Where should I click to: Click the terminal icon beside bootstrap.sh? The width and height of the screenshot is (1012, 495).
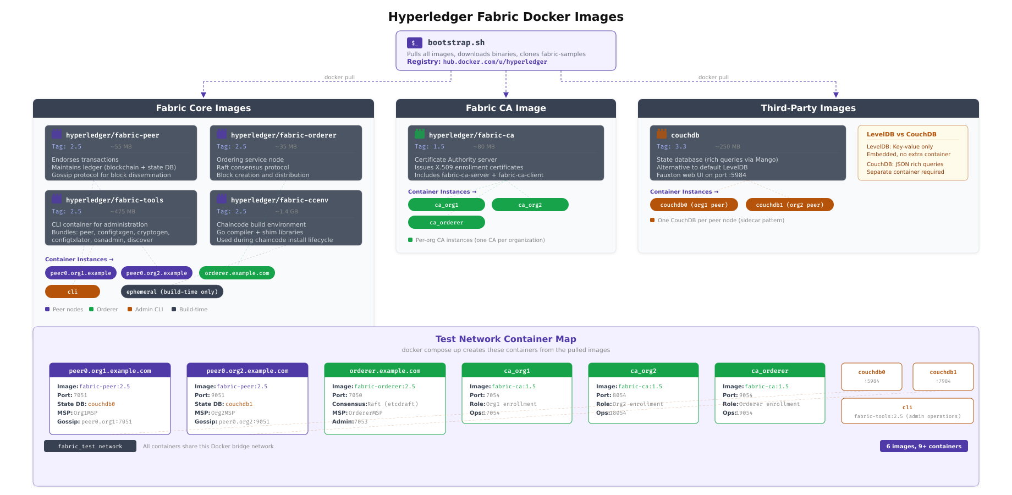tap(414, 43)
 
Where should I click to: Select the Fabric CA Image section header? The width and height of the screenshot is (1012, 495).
tap(505, 108)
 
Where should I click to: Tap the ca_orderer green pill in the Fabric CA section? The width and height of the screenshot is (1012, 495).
tap(446, 222)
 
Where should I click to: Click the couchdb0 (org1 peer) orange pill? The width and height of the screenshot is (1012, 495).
tap(694, 205)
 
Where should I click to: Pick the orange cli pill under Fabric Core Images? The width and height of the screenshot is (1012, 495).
tap(73, 292)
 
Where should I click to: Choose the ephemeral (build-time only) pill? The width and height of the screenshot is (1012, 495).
tap(172, 292)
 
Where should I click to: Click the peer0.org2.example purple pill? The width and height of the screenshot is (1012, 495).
tap(157, 273)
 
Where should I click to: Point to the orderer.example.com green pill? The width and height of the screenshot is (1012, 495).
tap(237, 273)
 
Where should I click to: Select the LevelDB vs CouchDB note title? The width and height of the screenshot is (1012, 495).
tap(901, 134)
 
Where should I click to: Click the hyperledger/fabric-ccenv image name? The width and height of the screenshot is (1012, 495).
tap(279, 200)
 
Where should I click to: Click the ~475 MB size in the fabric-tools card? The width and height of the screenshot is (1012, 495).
tap(123, 212)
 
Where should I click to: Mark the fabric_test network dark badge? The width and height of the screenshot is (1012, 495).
tap(90, 446)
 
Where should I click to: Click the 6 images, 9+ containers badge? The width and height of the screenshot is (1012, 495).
tap(923, 446)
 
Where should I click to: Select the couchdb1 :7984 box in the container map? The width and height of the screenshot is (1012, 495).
tap(943, 377)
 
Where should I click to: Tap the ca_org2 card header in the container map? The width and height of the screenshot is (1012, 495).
tap(643, 371)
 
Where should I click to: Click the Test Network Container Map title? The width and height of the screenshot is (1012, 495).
tap(505, 339)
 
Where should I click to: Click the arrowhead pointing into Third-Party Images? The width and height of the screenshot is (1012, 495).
tap(835, 95)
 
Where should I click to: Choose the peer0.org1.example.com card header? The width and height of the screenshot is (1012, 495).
tap(110, 371)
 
